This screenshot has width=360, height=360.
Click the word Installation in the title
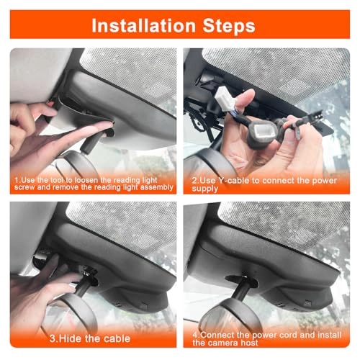pyautogui.click(x=143, y=25)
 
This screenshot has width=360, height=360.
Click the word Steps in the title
pyautogui.click(x=229, y=26)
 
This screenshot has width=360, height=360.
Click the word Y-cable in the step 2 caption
pyautogui.click(x=233, y=181)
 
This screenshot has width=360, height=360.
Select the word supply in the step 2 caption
pyautogui.click(x=204, y=189)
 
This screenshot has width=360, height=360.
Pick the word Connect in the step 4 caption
pyautogui.click(x=217, y=335)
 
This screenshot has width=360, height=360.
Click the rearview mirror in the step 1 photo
pyautogui.click(x=78, y=163)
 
